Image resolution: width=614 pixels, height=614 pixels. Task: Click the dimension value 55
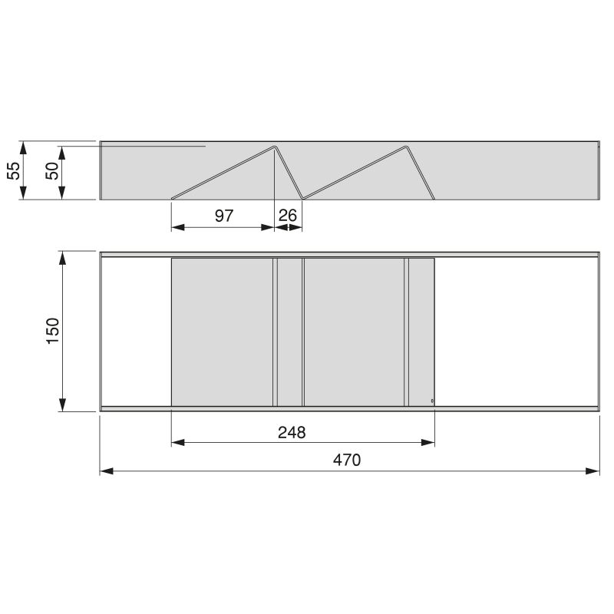[13, 170]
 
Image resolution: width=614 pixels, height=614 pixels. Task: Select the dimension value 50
[52, 170]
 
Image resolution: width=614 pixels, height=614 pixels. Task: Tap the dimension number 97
[223, 216]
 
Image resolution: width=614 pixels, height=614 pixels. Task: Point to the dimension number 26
[288, 216]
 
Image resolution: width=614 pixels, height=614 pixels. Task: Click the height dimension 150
[52, 331]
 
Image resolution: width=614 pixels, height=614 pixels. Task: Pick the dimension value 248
[292, 432]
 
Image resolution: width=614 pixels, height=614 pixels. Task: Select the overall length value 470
[347, 460]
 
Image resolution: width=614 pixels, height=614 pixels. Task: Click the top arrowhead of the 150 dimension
[63, 257]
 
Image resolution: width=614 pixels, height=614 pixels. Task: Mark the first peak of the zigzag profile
[275, 145]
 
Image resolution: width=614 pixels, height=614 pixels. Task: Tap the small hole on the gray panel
[431, 401]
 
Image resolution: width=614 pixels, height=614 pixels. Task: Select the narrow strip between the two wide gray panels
[289, 332]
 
